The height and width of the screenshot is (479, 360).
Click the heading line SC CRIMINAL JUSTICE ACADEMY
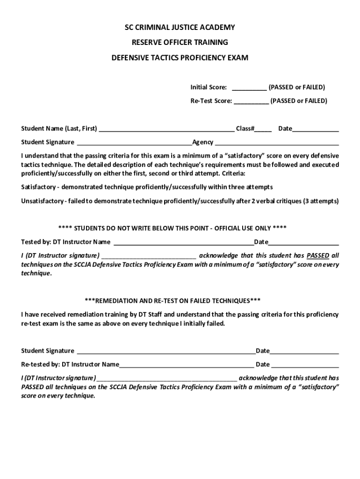click(x=180, y=28)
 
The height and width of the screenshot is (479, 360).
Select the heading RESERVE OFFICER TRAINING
click(x=180, y=43)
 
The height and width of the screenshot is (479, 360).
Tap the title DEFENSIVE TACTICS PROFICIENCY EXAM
click(x=180, y=58)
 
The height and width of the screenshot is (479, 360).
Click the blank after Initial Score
click(x=249, y=87)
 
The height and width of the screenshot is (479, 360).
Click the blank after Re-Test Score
click(x=251, y=101)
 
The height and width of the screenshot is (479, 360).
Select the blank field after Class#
click(x=263, y=129)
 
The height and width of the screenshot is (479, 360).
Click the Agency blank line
click(x=277, y=143)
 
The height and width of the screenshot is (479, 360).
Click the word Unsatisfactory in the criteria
click(x=42, y=201)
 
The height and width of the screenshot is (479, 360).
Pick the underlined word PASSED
click(x=318, y=255)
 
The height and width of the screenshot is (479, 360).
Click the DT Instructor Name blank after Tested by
click(x=183, y=242)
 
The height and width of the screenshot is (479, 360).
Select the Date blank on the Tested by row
click(x=303, y=242)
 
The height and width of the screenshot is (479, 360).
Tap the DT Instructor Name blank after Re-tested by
click(x=187, y=365)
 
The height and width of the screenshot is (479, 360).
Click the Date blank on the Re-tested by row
click(x=305, y=365)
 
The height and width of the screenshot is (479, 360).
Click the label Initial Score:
click(x=209, y=87)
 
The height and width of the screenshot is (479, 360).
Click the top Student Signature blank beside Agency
click(x=135, y=143)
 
